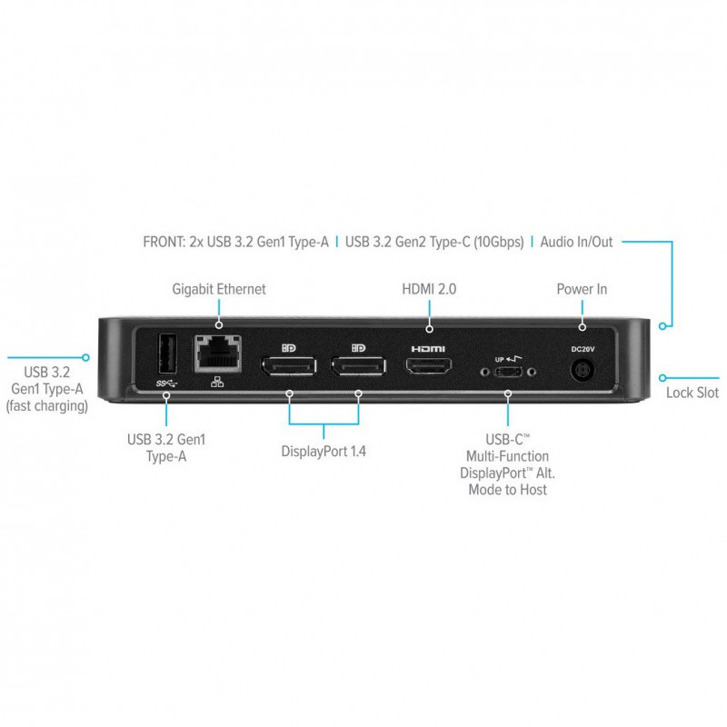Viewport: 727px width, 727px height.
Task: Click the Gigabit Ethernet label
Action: point(219,289)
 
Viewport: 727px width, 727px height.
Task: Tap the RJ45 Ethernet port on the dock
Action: point(217,354)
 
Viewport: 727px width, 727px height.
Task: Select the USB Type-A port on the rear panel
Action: point(167,354)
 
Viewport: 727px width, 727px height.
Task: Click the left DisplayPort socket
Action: point(289,366)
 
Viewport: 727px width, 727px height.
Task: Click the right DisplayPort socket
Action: point(358,366)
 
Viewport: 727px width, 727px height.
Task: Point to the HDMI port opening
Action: point(429,366)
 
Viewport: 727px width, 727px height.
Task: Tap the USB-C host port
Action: point(509,372)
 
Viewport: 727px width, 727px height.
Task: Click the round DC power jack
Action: point(583,371)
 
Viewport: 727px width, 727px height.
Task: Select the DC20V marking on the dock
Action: point(583,349)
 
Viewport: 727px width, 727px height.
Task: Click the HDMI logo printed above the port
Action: point(428,349)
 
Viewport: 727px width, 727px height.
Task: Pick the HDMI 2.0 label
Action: point(429,289)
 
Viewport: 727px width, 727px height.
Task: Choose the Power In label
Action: point(582,289)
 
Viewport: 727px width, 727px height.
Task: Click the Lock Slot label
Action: point(692,393)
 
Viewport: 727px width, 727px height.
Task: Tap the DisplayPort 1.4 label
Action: point(324,451)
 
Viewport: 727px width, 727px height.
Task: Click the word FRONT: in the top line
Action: point(164,242)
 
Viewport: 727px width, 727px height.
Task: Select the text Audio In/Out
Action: point(576,242)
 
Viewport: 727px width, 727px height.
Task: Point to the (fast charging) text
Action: point(47,406)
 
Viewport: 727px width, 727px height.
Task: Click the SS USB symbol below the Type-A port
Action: point(167,383)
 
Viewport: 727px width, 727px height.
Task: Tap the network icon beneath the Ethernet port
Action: point(217,382)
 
